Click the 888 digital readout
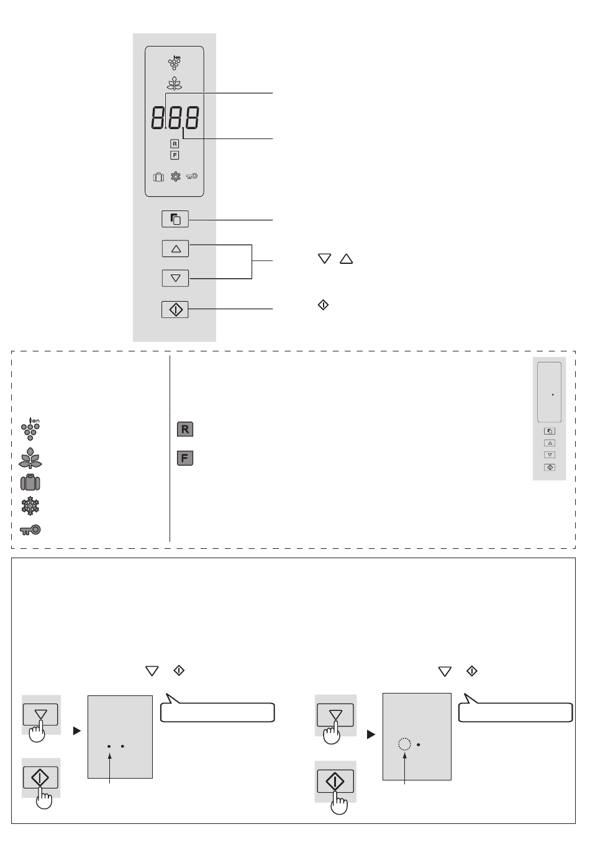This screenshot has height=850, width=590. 175,118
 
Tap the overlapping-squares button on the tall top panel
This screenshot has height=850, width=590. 175,219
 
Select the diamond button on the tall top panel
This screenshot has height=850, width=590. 175,309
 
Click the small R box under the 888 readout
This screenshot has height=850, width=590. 175,144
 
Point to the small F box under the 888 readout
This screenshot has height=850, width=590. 175,155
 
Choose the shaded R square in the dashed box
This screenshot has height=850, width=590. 185,429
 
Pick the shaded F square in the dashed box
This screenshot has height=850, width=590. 185,459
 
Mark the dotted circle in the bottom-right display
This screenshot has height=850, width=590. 404,744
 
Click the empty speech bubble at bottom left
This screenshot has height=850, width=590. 217,712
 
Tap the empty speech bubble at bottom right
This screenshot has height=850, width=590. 515,712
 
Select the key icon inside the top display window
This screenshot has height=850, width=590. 192,176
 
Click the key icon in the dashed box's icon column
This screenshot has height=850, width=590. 30,530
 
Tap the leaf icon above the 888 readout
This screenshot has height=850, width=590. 175,84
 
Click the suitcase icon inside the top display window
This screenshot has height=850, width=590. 158,177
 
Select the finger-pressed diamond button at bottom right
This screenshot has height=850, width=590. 335,781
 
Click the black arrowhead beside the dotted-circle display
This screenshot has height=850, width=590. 371,735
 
